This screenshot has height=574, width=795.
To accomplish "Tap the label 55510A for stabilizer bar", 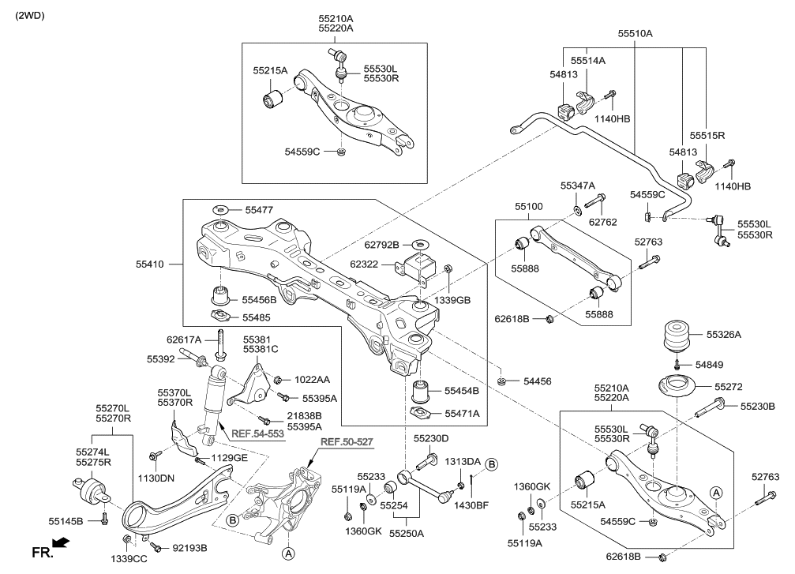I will (x=635, y=33).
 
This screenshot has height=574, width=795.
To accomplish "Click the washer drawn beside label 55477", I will (x=221, y=210).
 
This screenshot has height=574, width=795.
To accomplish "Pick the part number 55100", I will (x=528, y=206).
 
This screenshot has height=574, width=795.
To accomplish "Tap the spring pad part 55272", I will (x=673, y=388).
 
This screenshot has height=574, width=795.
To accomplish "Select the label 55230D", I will (x=430, y=437).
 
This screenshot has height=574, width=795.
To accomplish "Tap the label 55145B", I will (x=66, y=520).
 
